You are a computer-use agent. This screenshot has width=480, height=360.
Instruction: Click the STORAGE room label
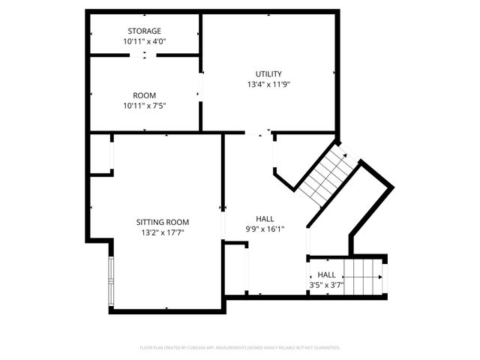coord(144,31)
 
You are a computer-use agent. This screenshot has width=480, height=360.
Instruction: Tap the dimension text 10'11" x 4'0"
coord(144,42)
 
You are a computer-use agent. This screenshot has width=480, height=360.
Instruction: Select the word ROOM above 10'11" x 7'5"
coord(144,95)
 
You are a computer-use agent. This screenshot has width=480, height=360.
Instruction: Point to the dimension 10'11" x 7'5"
coord(144,106)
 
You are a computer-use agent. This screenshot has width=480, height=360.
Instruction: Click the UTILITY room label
coord(268,73)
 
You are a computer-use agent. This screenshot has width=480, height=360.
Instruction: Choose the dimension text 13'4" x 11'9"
coord(268,85)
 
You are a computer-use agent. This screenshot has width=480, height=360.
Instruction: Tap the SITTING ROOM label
coord(162,222)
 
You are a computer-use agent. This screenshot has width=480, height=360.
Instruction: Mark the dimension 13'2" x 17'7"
coord(162,233)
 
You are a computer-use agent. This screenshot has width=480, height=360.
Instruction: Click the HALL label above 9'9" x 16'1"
coord(264,218)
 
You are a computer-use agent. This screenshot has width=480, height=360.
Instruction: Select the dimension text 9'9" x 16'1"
coord(264,229)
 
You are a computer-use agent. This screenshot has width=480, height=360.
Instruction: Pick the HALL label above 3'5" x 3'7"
coord(326,274)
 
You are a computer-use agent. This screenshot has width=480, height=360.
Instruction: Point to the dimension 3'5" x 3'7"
coord(326,286)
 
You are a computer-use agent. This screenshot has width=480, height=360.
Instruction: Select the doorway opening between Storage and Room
coord(144,55)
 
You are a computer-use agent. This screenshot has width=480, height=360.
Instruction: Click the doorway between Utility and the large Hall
coord(259,133)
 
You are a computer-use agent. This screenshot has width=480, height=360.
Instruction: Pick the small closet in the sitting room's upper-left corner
coord(100,154)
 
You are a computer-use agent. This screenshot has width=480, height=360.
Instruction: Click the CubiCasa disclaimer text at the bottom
coord(240,348)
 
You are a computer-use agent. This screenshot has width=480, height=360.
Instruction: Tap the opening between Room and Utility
coord(200,83)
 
